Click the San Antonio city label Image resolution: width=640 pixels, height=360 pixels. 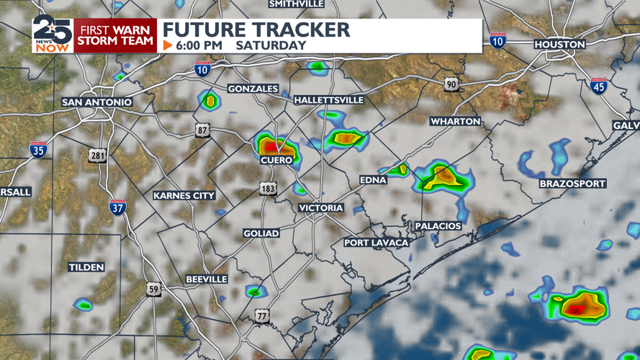(97, 102)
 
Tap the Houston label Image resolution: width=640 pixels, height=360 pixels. (559, 45)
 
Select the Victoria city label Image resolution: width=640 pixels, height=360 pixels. (321, 208)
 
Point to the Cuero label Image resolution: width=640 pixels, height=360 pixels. (276, 160)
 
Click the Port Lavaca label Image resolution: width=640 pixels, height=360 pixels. (376, 243)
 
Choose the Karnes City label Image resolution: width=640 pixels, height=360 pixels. (184, 196)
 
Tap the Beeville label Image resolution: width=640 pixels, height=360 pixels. (207, 279)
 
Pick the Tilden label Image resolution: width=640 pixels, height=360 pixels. (86, 267)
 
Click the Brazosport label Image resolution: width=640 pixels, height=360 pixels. (573, 184)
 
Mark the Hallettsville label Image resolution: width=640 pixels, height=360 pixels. (329, 100)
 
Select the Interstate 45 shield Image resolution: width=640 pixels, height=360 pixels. (598, 86)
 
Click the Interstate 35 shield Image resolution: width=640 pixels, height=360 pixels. (39, 150)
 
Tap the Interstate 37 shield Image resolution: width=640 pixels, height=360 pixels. (117, 207)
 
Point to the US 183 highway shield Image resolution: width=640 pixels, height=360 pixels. (269, 188)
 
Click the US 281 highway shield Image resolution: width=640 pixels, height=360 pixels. (98, 155)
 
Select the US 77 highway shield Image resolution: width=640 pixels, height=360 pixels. (262, 316)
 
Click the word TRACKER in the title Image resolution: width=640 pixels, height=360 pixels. (302, 30)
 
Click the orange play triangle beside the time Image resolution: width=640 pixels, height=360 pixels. (168, 45)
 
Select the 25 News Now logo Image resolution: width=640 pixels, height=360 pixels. (52, 35)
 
